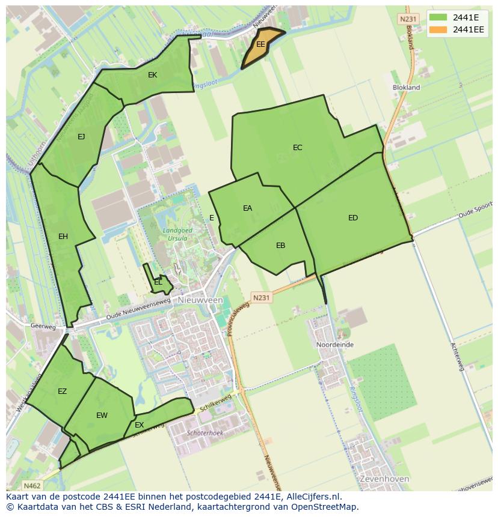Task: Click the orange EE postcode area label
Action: point(260,44)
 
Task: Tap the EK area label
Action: point(152,75)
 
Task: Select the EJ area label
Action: point(81,137)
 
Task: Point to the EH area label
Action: point(63,237)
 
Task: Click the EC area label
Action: point(297,148)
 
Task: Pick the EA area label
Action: point(247,208)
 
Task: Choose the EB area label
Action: point(280,246)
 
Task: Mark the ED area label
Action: point(353,218)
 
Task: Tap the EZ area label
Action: point(62,392)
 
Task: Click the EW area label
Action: point(102,416)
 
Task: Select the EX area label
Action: point(139,425)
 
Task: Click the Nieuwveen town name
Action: point(200,300)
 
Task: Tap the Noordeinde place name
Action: point(335,345)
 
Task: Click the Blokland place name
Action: point(406,88)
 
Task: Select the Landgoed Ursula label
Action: point(175,234)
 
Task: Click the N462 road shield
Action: point(32,485)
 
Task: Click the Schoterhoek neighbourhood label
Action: point(205,433)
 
